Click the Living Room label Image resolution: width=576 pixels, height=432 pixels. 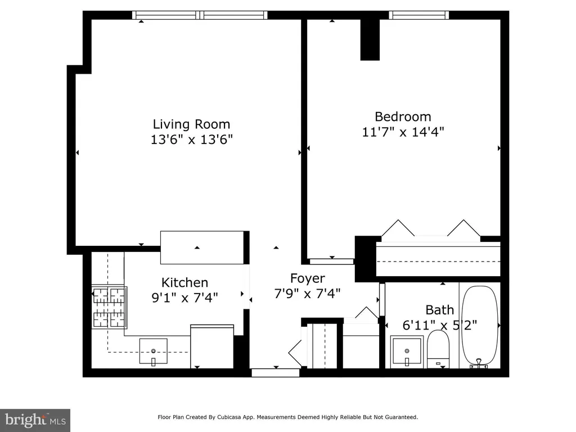coord(191,124)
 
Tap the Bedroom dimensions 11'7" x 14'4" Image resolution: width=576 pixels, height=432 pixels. coord(403,132)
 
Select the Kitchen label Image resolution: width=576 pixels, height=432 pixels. coord(184,282)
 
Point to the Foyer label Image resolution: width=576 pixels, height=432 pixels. coord(308,278)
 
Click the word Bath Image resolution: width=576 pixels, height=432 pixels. coord(440,310)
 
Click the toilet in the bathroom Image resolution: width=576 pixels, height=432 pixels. coord(438,349)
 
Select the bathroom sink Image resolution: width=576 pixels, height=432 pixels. coord(407,352)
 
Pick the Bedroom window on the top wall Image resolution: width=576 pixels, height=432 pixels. coord(418,15)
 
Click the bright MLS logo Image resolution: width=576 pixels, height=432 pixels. coord(35,420)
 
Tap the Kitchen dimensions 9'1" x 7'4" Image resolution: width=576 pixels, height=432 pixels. coord(184,297)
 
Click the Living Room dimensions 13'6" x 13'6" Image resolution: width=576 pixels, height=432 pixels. coord(192,139)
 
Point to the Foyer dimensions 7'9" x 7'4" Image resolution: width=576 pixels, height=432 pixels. coord(308,294)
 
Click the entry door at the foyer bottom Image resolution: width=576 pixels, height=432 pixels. coord(276,373)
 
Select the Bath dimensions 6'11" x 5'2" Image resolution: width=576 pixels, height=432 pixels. coord(440,325)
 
